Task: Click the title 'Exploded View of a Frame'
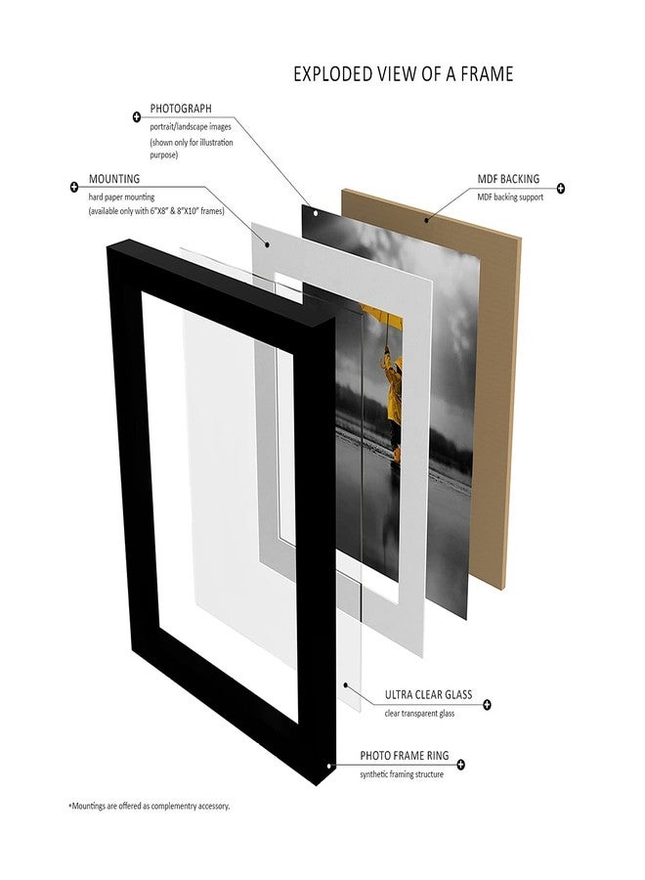(404, 74)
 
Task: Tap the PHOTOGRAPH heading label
(181, 109)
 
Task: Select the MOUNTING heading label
(114, 179)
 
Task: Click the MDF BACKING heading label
(508, 179)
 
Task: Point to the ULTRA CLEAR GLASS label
(428, 695)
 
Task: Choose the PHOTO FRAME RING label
(405, 756)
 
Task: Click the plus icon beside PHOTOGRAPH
(136, 117)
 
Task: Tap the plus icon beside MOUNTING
(74, 187)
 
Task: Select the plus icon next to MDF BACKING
(560, 188)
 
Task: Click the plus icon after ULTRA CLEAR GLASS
(487, 704)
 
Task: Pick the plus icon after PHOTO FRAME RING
(461, 764)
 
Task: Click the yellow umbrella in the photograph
(384, 319)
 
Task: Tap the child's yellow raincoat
(394, 390)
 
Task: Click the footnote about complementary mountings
(150, 806)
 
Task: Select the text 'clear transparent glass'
(419, 714)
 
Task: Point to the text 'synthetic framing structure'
(402, 774)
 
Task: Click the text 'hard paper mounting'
(121, 198)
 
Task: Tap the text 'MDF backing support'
(510, 197)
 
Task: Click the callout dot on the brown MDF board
(426, 220)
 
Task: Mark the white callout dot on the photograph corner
(316, 213)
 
